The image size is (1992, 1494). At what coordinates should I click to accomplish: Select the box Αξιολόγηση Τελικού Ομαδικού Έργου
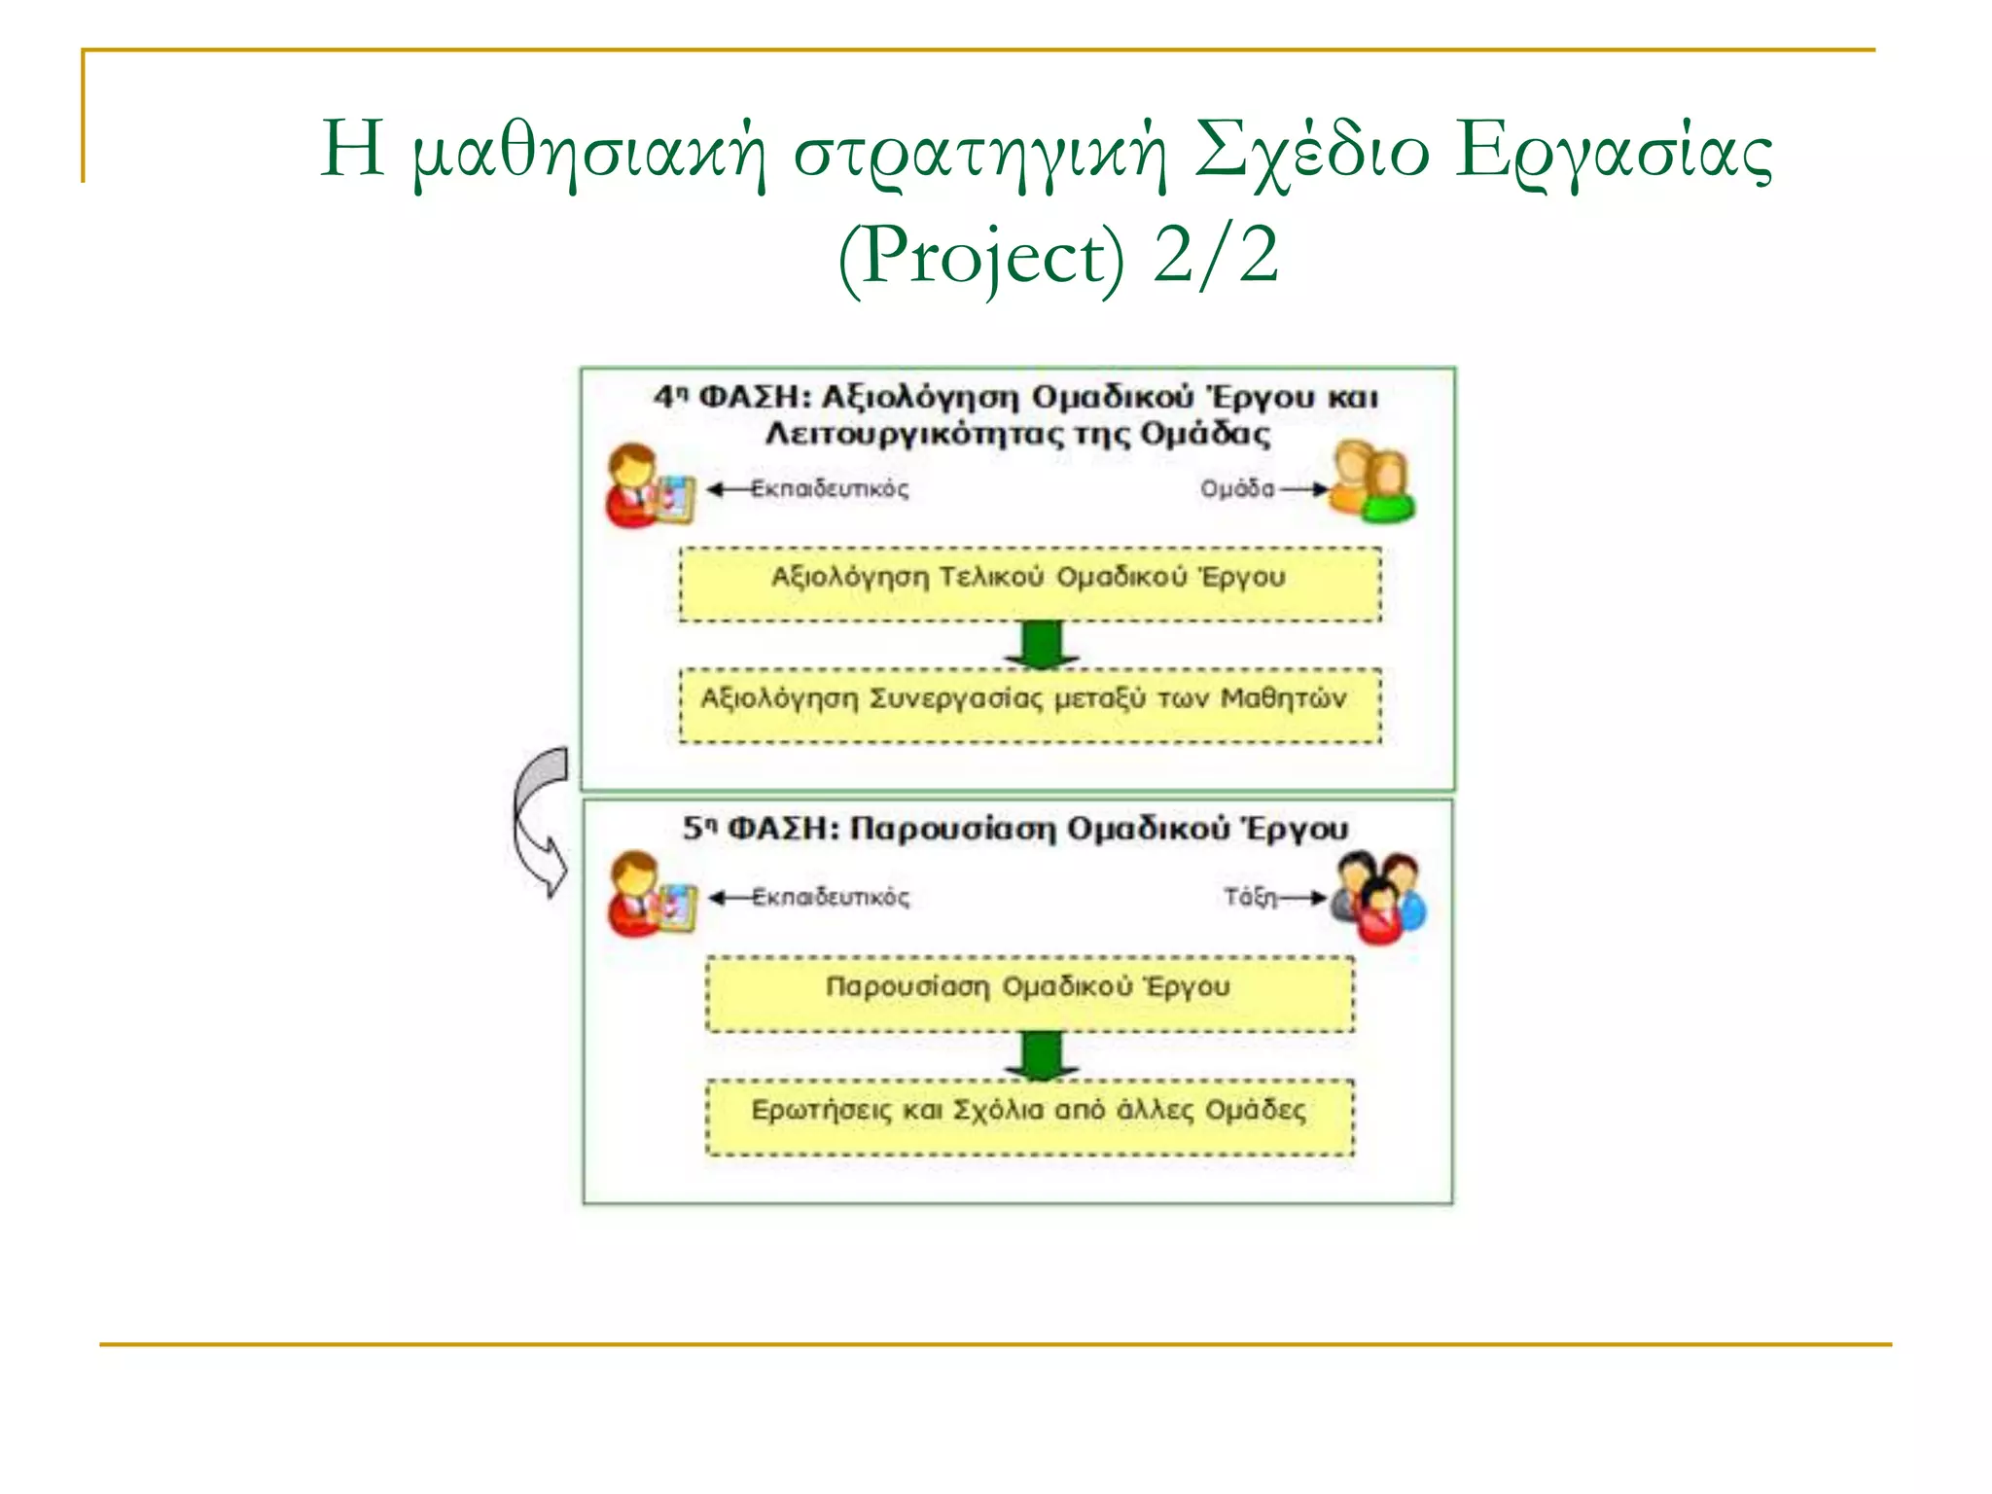[x=1030, y=584]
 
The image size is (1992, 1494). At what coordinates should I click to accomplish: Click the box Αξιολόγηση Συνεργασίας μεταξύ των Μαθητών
[x=1030, y=705]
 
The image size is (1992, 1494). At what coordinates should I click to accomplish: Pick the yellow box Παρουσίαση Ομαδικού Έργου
[x=1030, y=993]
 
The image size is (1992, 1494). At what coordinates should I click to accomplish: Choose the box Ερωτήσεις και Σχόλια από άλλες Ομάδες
[x=1030, y=1116]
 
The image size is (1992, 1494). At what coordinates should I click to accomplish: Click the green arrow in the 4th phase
[x=1042, y=644]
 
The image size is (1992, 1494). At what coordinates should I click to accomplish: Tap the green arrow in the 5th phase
[x=1042, y=1055]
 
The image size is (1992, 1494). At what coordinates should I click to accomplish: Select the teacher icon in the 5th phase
[x=651, y=894]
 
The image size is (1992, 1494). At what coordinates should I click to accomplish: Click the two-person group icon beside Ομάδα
[x=1372, y=481]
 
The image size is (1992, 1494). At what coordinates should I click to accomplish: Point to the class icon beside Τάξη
[x=1379, y=896]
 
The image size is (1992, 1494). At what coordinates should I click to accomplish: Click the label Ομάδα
[x=1236, y=488]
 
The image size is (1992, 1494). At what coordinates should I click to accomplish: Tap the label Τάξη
[x=1250, y=897]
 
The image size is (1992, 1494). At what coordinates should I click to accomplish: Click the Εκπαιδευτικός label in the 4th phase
[x=830, y=488]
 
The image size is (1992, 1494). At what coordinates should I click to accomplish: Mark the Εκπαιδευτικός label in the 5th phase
[x=831, y=897]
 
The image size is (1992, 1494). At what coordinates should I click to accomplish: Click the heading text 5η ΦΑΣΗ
[x=760, y=829]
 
